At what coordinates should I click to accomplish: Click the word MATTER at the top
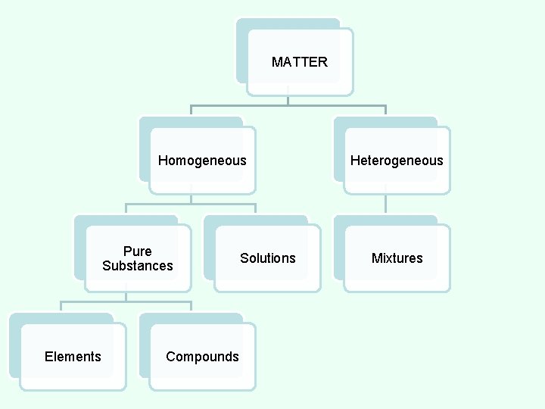pyautogui.click(x=300, y=62)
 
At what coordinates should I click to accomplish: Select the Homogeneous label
pyautogui.click(x=202, y=161)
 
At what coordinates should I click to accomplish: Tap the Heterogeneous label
pyautogui.click(x=397, y=161)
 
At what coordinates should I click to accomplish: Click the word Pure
pyautogui.click(x=137, y=251)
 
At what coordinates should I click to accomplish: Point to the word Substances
pyautogui.click(x=137, y=266)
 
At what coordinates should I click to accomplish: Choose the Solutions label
pyautogui.click(x=268, y=258)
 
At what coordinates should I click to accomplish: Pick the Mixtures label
pyautogui.click(x=397, y=258)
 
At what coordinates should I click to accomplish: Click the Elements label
pyautogui.click(x=73, y=357)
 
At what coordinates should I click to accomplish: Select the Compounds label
pyautogui.click(x=202, y=357)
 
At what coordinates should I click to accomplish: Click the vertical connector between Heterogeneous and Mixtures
pyautogui.click(x=386, y=204)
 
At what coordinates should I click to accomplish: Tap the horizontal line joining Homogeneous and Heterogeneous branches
pyautogui.click(x=288, y=105)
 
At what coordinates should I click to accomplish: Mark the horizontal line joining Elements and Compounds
pyautogui.click(x=126, y=301)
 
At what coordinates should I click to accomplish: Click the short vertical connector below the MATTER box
pyautogui.click(x=288, y=99)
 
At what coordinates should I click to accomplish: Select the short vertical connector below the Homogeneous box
pyautogui.click(x=191, y=198)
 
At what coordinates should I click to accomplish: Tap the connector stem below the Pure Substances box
pyautogui.click(x=126, y=296)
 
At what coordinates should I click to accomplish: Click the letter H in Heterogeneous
pyautogui.click(x=354, y=161)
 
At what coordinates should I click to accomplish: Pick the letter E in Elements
pyautogui.click(x=48, y=357)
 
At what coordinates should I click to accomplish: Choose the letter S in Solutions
pyautogui.click(x=244, y=258)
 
